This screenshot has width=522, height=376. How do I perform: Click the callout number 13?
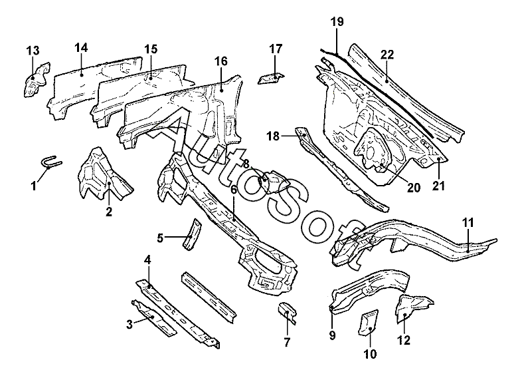33,51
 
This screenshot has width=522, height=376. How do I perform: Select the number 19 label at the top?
337,22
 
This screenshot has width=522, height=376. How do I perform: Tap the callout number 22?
387,55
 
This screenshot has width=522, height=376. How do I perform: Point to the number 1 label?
33,186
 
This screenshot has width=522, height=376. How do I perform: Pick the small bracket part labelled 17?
271,79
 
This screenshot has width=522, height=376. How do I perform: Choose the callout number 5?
160,238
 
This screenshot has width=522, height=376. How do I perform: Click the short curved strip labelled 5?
192,234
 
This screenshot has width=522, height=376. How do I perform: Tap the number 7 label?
287,342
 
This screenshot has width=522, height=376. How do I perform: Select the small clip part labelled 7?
287,312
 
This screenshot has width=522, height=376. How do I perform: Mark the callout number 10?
370,353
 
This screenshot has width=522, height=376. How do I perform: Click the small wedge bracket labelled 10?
367,322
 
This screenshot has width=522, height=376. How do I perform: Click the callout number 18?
273,136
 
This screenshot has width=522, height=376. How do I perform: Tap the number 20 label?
413,188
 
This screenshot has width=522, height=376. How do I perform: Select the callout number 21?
438,186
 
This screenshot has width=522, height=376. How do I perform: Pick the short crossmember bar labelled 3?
154,317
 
